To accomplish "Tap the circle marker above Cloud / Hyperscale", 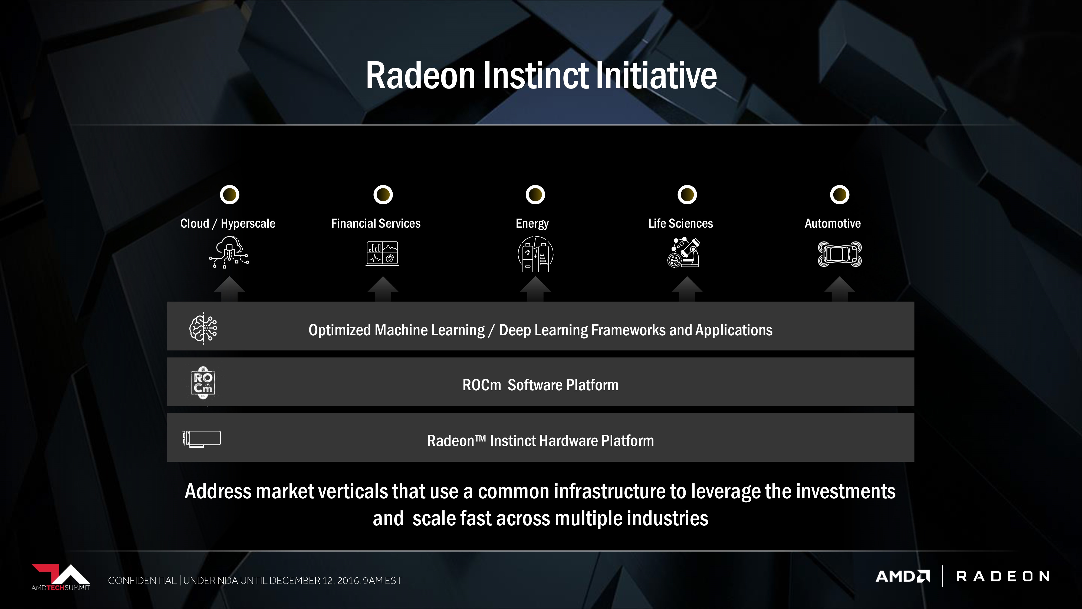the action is point(229,195).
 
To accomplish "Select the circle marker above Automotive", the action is point(839,195).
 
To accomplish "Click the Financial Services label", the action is point(376,223).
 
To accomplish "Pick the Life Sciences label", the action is point(680,223).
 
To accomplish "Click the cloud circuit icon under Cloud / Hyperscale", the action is point(229,252).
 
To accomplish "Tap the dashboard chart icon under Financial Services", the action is point(382,253).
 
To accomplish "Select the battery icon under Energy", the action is point(535,254).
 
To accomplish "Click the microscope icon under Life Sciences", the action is point(684,252).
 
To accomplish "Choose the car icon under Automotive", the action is point(840,254).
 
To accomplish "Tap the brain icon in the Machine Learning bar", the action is point(203,328).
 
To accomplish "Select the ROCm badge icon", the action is point(203,382).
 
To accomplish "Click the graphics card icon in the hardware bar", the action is point(202,439).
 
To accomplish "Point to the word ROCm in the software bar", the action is point(482,385).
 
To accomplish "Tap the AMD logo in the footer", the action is point(903,576).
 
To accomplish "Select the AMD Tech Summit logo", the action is point(61,578).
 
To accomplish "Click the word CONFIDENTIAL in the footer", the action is point(142,580).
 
